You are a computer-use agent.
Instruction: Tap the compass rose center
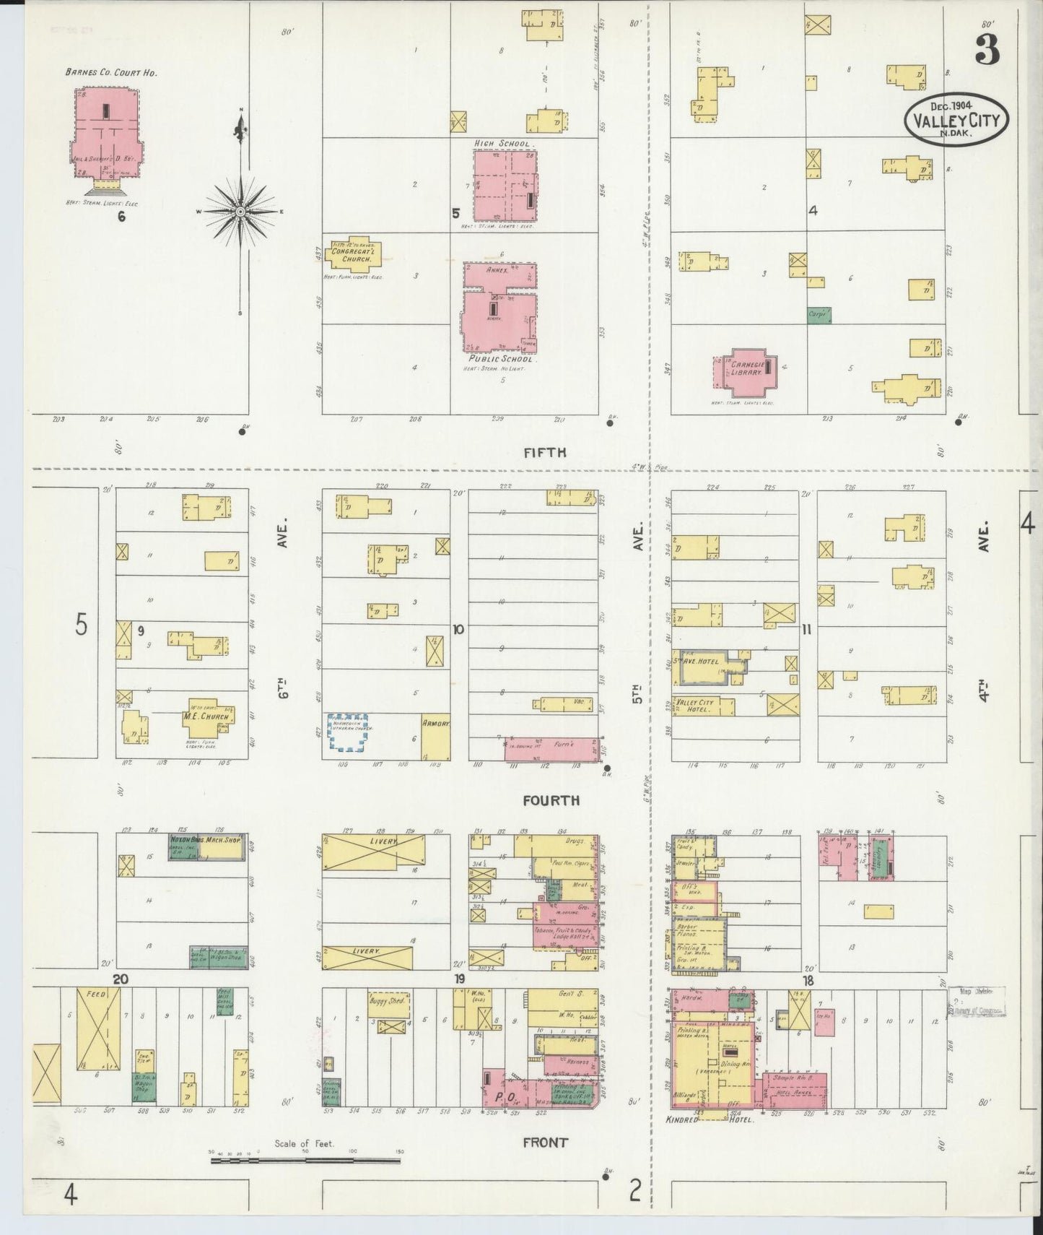[240, 212]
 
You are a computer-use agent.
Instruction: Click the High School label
[502, 144]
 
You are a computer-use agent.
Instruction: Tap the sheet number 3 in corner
[986, 51]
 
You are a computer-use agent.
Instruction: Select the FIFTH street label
[545, 453]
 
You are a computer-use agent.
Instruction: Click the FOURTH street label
[551, 800]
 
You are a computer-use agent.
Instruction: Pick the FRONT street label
[546, 1142]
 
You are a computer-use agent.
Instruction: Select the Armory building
[435, 737]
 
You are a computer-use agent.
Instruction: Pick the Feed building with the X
[99, 1029]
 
